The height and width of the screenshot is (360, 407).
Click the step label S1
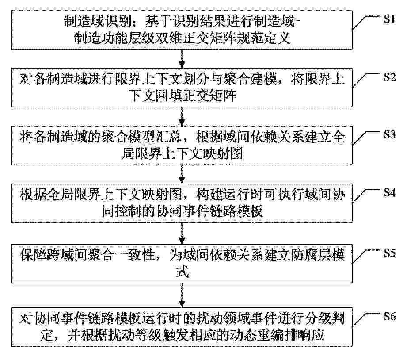click(390, 19)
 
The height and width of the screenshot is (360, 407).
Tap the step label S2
click(390, 77)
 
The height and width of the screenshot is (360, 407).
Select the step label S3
click(390, 134)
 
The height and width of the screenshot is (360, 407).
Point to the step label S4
click(390, 192)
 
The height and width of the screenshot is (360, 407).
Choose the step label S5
click(390, 253)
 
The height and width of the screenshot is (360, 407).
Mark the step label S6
click(390, 316)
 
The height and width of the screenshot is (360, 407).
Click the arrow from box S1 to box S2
click(182, 59)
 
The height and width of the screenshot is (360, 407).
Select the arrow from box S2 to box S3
click(182, 116)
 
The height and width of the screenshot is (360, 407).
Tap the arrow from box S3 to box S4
click(182, 174)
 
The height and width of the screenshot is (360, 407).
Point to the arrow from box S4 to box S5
click(182, 234)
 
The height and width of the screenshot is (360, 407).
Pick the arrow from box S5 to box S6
click(182, 295)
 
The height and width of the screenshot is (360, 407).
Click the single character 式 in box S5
click(182, 272)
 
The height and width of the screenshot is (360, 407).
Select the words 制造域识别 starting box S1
click(98, 22)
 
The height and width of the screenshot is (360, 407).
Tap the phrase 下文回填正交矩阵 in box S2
click(183, 96)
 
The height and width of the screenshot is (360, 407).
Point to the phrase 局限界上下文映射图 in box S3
click(183, 153)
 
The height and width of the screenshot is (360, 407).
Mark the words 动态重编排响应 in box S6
click(278, 335)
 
